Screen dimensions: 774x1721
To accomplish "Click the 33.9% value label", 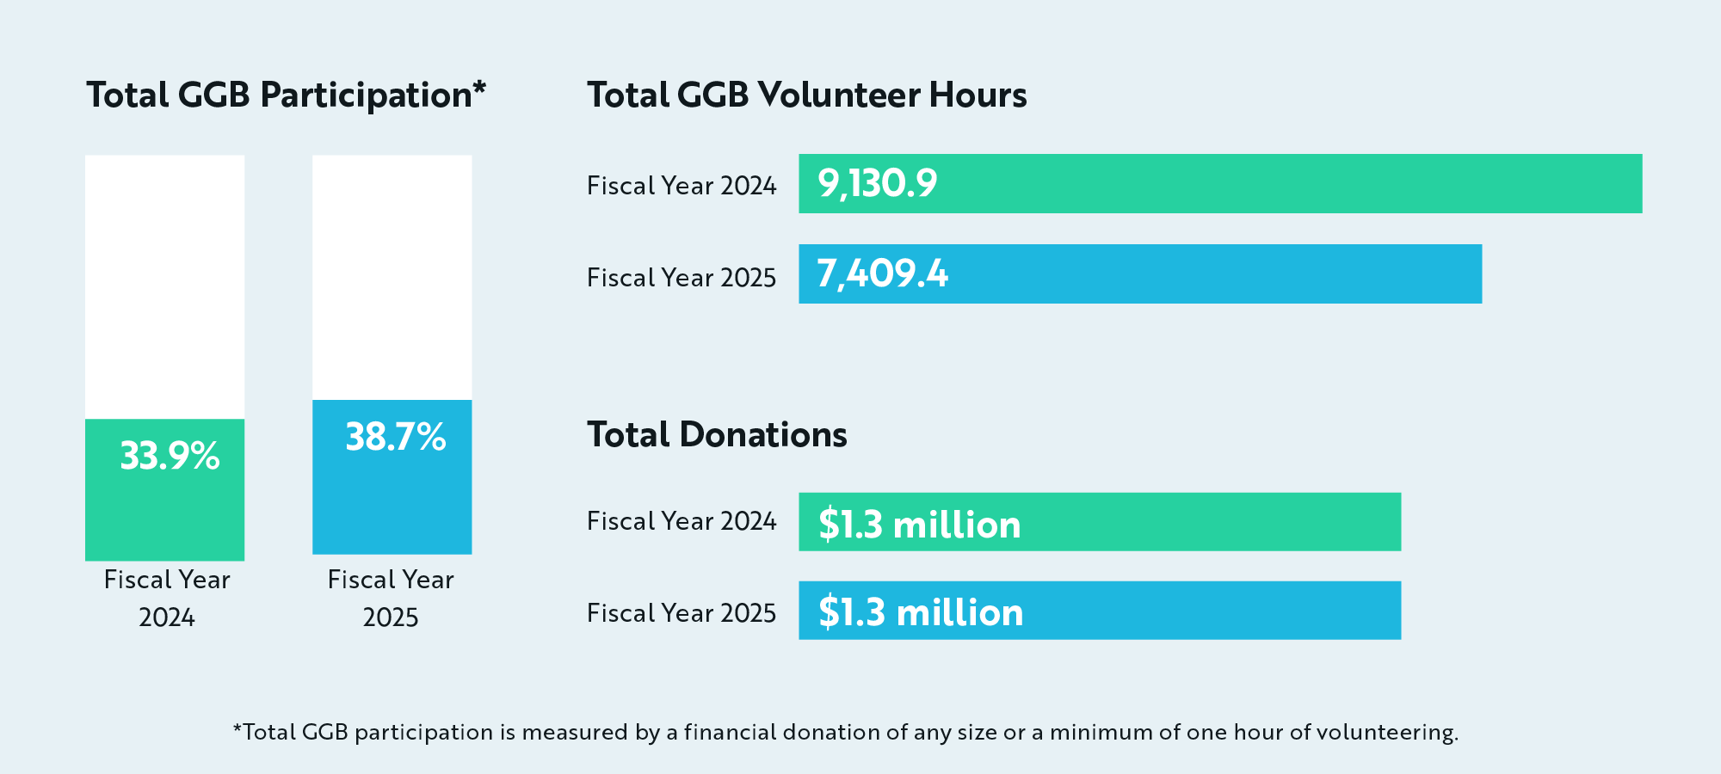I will tap(170, 456).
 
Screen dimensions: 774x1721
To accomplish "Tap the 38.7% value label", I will tap(395, 437).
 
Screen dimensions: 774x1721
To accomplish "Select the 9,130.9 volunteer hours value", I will tap(877, 183).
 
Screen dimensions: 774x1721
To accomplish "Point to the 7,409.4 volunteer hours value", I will tap(882, 274).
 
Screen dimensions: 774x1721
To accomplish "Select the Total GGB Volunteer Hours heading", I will tap(806, 95).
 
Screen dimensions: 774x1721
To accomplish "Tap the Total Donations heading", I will tap(717, 434).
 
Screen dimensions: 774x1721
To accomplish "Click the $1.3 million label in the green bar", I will tap(919, 524).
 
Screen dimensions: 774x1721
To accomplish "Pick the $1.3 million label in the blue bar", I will tap(920, 612).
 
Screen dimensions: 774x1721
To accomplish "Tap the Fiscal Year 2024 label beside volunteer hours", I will tap(682, 186).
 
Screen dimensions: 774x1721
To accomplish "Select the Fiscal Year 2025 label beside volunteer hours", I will tap(682, 278).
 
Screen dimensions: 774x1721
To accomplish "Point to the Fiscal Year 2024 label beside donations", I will tap(682, 521).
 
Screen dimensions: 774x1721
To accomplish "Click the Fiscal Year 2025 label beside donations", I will tap(682, 613).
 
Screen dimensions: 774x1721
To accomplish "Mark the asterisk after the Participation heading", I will tap(479, 87).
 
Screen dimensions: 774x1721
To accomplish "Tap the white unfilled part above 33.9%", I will tap(164, 286).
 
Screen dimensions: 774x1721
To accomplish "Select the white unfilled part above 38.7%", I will tap(392, 277).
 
